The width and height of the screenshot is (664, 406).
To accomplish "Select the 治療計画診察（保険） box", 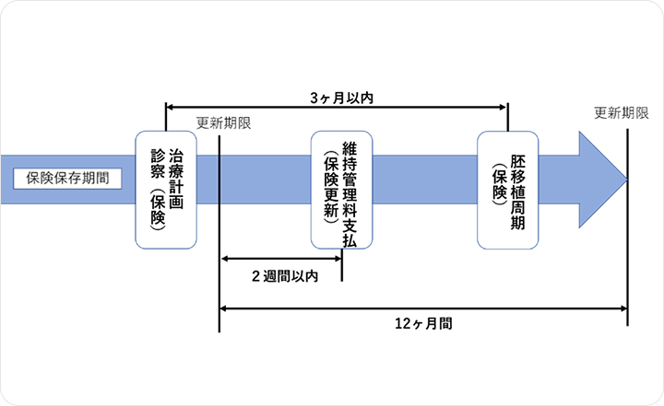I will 166,190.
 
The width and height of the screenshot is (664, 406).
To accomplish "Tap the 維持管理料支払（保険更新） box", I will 341,190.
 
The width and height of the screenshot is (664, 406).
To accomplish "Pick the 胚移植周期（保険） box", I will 508,190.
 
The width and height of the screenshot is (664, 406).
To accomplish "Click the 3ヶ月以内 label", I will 337,96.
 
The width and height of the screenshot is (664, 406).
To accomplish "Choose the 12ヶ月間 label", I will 422,324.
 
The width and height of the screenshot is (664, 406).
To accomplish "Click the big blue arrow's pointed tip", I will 625,178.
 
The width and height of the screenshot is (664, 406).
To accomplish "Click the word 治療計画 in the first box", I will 176,176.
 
